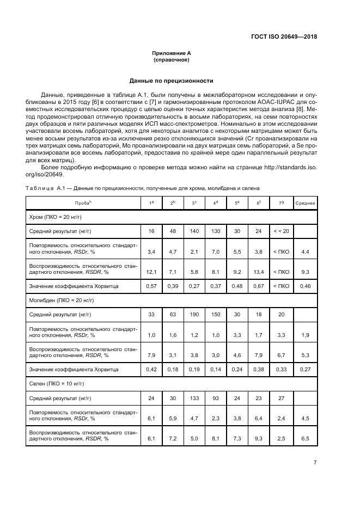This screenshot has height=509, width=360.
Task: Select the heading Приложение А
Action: click(171, 53)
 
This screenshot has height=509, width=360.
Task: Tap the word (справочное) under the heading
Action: click(171, 59)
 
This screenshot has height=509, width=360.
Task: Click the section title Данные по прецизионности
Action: click(171, 81)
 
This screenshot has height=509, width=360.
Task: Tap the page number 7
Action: click(315, 462)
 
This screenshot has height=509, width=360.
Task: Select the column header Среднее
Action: click(305, 203)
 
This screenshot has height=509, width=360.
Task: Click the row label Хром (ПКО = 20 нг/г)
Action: click(55, 217)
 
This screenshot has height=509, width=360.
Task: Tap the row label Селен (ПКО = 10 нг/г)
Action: click(56, 384)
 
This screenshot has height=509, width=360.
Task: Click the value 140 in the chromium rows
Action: click(194, 231)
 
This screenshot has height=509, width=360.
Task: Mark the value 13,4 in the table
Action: click(259, 271)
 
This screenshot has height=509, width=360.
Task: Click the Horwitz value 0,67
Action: click(259, 286)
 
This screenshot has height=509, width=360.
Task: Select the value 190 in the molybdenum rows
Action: click(194, 315)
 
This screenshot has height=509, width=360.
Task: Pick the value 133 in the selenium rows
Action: click(194, 398)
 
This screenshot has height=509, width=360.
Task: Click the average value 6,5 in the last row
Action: click(305, 438)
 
